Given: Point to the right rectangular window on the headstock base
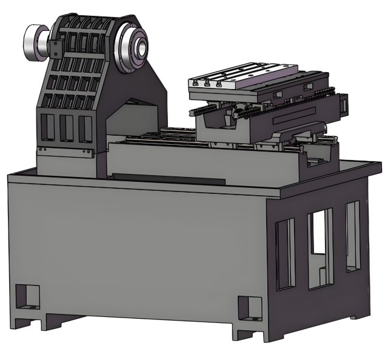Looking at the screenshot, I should pyautogui.click(x=85, y=128).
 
